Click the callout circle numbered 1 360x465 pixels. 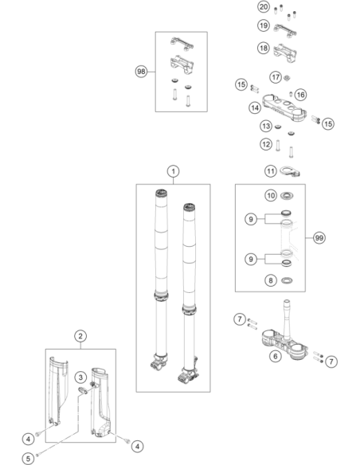(173, 171)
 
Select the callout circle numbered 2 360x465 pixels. (80, 336)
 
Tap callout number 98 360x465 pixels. (142, 72)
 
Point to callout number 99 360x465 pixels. (319, 238)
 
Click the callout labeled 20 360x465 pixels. (264, 7)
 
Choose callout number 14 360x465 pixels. (255, 107)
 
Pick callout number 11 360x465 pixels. (271, 171)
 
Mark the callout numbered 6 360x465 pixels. (276, 356)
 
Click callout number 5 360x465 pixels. (28, 459)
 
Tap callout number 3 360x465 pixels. (80, 377)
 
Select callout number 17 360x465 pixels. (276, 77)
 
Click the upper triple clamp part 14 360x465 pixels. (284, 108)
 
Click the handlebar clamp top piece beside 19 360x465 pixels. (285, 30)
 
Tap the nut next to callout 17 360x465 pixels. (287, 78)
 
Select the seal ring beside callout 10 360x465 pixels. (287, 195)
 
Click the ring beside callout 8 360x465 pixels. (287, 280)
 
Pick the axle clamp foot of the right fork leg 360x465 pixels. (188, 376)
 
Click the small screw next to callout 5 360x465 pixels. (37, 455)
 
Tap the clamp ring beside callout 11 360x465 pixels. (290, 171)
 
